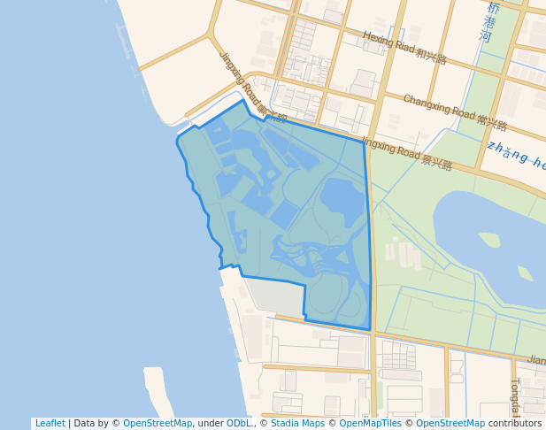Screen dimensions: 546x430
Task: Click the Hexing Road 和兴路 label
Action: coord(404,51)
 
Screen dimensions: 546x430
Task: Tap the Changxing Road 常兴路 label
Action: coord(455,111)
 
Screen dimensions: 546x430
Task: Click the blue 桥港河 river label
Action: coord(489,22)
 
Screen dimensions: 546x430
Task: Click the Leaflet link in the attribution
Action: coord(50,424)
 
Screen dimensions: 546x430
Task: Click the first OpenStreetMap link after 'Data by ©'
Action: coord(158,424)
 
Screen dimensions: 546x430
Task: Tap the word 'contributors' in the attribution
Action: coord(515,424)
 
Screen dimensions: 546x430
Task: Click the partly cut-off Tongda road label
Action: coord(515,397)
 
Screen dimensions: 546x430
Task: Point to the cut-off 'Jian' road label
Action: coord(535,360)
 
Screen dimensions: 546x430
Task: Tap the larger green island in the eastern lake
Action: coord(489,239)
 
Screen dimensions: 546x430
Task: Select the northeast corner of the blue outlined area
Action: coord(364,142)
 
